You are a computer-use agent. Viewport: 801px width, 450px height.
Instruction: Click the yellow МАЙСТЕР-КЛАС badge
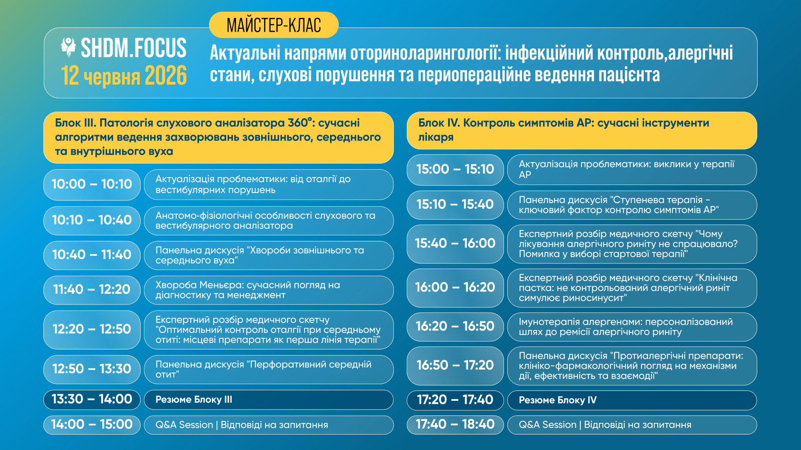[274, 25]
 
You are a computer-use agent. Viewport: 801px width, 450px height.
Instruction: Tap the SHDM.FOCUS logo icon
[68, 47]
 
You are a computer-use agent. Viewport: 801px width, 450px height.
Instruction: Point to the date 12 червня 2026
[124, 76]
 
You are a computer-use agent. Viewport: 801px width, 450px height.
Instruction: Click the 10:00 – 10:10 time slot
[92, 184]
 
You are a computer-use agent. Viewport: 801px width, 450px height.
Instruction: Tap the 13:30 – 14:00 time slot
[92, 400]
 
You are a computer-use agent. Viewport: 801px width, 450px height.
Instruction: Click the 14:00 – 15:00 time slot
[92, 425]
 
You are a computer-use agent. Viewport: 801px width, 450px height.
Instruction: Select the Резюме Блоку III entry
[269, 400]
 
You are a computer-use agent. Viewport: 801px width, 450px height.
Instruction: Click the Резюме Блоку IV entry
[632, 400]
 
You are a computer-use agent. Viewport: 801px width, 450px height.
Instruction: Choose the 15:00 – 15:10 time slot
[455, 170]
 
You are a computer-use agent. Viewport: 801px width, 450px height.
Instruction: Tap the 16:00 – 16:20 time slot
[455, 287]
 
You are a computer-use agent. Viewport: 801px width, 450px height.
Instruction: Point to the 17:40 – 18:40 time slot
[455, 425]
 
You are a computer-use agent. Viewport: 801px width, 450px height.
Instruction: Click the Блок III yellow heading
[219, 137]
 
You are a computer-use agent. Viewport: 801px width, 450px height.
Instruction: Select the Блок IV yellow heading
[582, 130]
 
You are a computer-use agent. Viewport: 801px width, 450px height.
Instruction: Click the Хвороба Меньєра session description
[269, 290]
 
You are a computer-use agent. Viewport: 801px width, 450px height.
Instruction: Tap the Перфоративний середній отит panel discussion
[269, 369]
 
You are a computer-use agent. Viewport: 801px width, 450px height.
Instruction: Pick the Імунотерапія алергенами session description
[632, 327]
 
